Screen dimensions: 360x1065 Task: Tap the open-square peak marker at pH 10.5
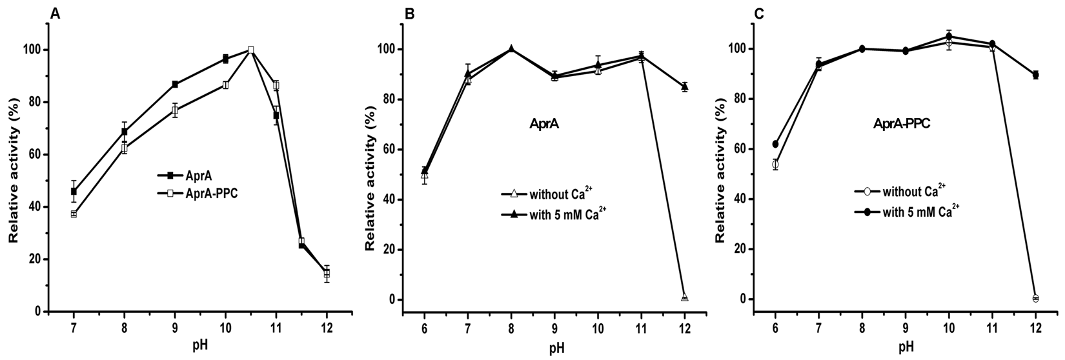click(x=250, y=50)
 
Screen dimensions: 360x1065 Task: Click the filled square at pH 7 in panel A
click(x=74, y=192)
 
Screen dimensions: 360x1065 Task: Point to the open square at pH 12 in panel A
click(x=327, y=274)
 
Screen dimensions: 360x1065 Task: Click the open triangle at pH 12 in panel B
click(x=685, y=297)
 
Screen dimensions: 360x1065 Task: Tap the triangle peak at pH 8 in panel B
click(x=511, y=49)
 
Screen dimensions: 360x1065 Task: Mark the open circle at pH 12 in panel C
click(x=1035, y=298)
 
